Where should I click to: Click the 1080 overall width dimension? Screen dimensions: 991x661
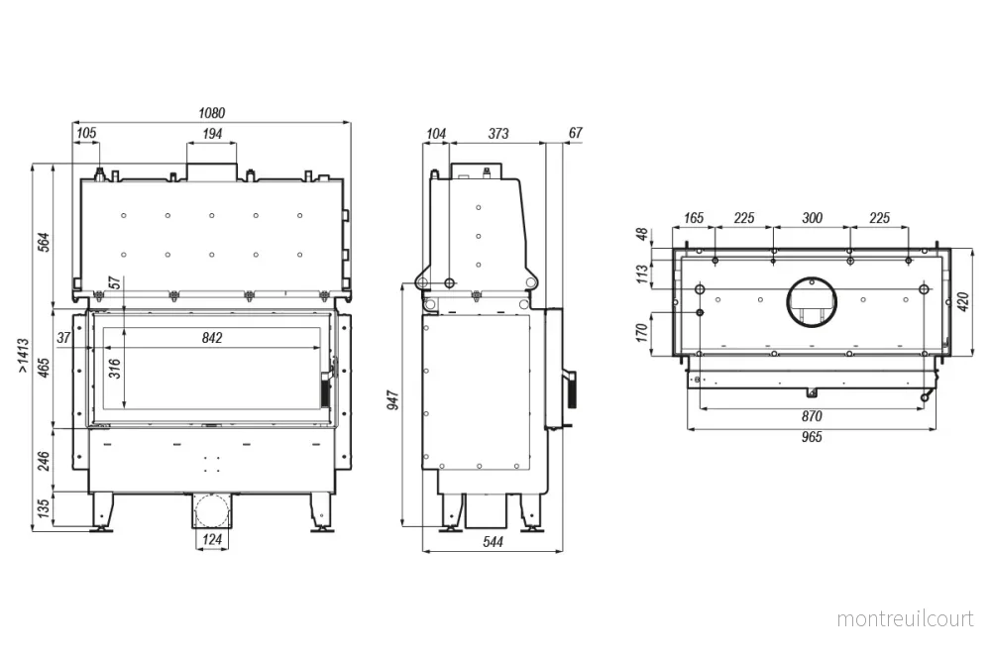point(212,113)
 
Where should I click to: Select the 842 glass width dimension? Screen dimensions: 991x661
point(212,338)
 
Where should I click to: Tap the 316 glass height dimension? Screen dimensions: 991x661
point(114,368)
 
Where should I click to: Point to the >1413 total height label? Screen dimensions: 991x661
point(23,355)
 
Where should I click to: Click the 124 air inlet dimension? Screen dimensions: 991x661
point(212,539)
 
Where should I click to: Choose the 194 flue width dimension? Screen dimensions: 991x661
point(212,134)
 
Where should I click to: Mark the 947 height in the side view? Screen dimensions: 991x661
point(393,400)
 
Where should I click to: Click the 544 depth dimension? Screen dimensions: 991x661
point(493,541)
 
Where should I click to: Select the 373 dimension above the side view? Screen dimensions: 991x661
point(498,134)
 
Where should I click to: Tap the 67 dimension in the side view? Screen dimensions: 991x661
point(575,133)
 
